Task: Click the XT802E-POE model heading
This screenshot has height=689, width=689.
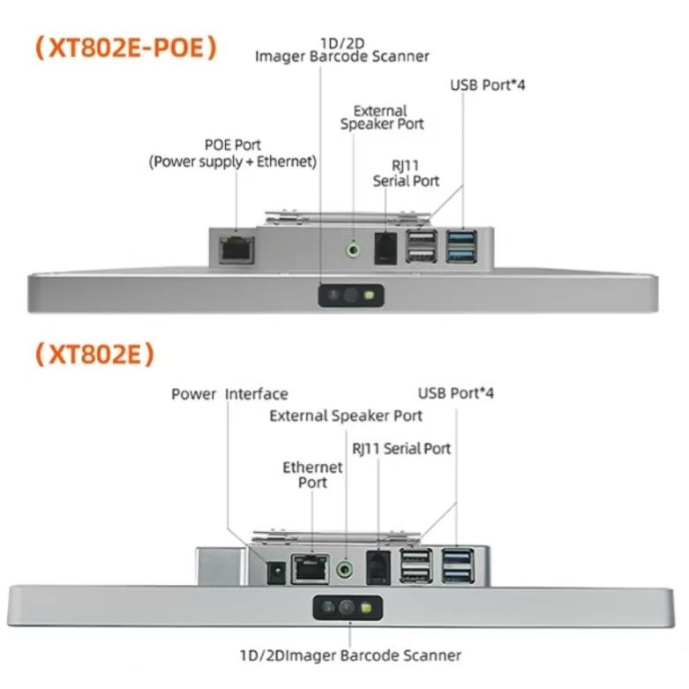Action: pyautogui.click(x=126, y=48)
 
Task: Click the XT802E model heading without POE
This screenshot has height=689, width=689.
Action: pyautogui.click(x=95, y=354)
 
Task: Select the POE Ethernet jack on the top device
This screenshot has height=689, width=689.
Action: pyautogui.click(x=236, y=250)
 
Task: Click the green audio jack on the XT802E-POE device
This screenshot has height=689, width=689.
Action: pyautogui.click(x=353, y=251)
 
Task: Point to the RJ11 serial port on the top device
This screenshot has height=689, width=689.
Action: pyautogui.click(x=386, y=249)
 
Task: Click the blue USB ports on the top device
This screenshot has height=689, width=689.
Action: pyautogui.click(x=461, y=246)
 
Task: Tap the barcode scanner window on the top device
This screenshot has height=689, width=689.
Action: pyautogui.click(x=351, y=296)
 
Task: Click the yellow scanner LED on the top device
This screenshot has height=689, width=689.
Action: pyautogui.click(x=369, y=296)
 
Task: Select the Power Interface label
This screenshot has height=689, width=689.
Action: pyautogui.click(x=229, y=394)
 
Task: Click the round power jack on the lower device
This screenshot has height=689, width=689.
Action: pyautogui.click(x=277, y=573)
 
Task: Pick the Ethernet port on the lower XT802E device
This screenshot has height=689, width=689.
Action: pyautogui.click(x=311, y=569)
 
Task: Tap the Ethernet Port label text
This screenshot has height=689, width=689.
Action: pyautogui.click(x=312, y=475)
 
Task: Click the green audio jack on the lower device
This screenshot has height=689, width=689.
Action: pyautogui.click(x=345, y=570)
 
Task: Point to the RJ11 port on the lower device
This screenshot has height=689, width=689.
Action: pyautogui.click(x=378, y=567)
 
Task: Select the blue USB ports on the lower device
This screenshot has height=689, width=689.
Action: pyautogui.click(x=458, y=565)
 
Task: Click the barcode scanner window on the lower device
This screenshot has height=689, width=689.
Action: pyautogui.click(x=348, y=608)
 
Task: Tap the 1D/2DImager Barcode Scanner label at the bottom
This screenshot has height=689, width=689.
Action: pyautogui.click(x=350, y=655)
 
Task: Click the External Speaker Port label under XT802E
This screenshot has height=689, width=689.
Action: pyautogui.click(x=346, y=416)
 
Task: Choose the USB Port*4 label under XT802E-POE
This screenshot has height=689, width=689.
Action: pyautogui.click(x=488, y=85)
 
